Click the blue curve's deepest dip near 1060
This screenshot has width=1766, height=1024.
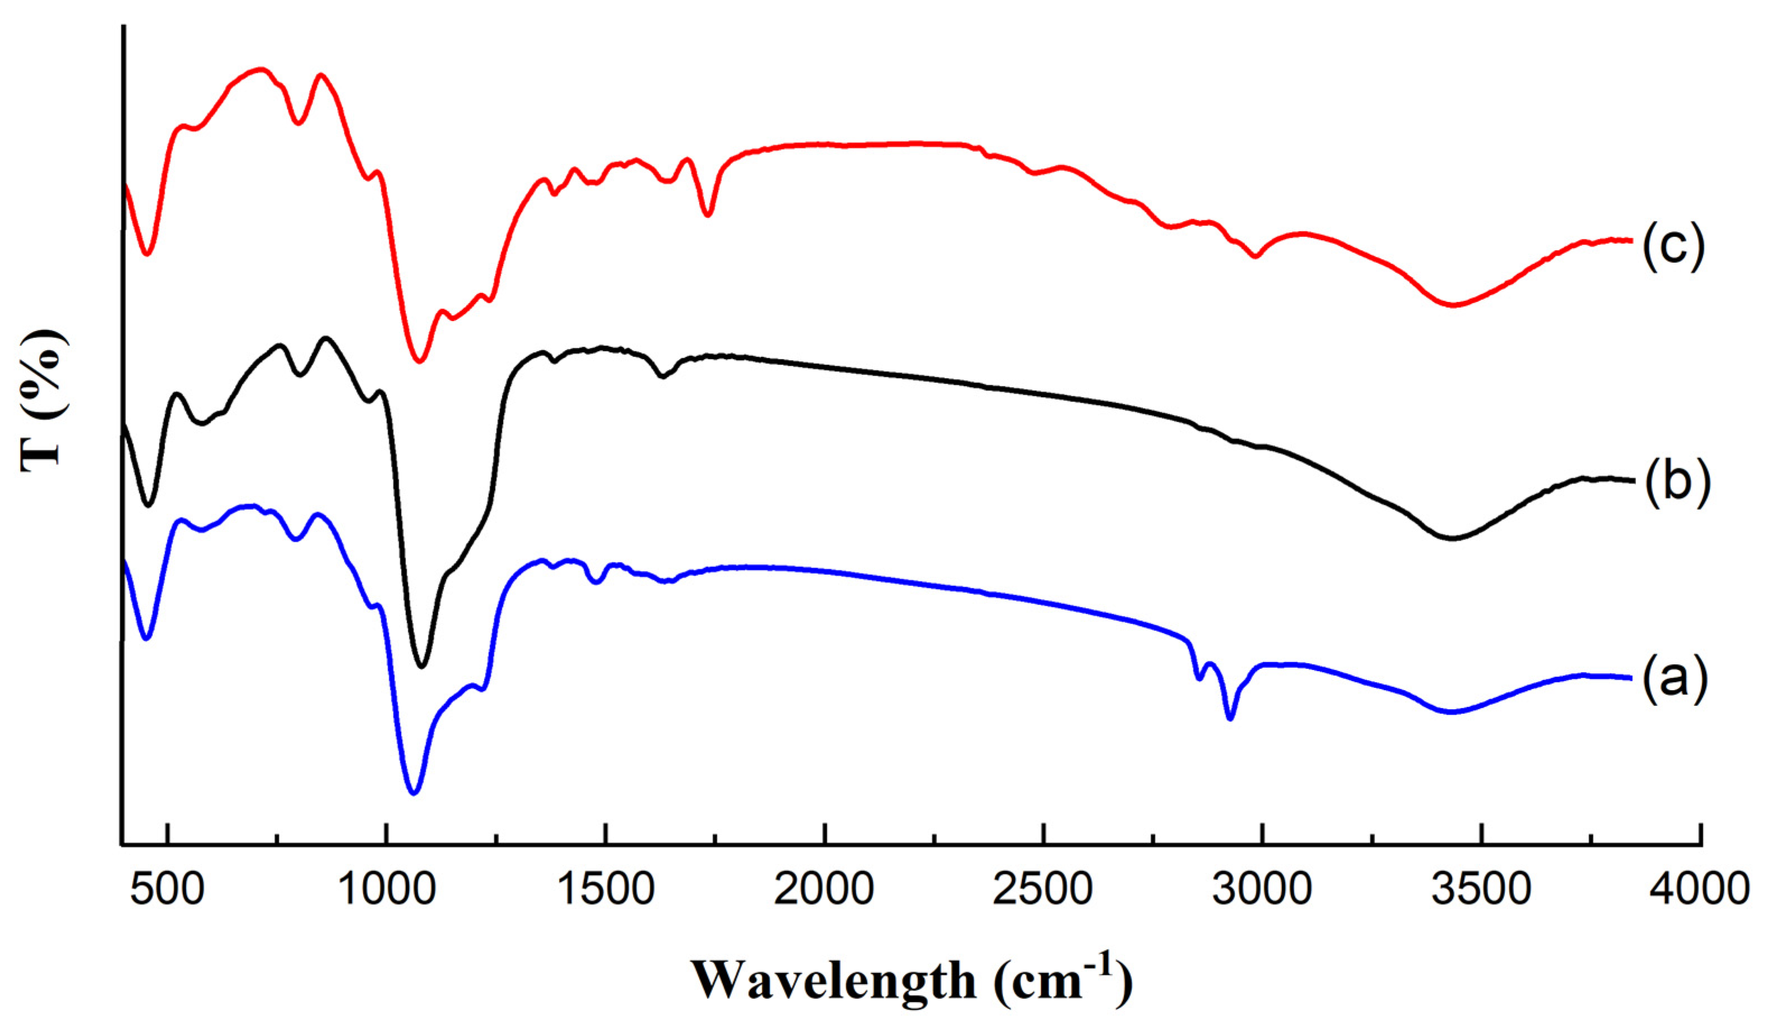tap(413, 793)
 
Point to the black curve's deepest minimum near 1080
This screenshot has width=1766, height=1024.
tap(422, 666)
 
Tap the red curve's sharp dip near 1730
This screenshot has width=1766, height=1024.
tap(708, 215)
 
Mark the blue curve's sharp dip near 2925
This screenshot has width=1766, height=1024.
tap(1230, 718)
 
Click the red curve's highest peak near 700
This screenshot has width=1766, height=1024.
tap(262, 69)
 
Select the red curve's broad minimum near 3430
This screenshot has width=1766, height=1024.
tap(1454, 305)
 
